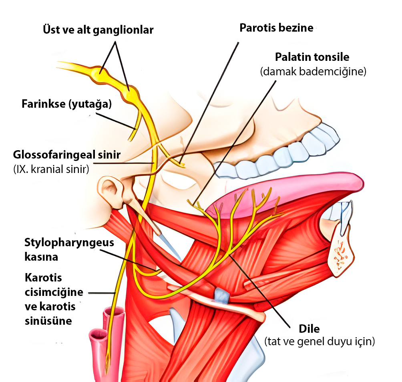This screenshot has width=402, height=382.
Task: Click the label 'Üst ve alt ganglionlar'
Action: click(x=98, y=30)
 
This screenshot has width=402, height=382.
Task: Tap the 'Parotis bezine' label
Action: click(x=276, y=28)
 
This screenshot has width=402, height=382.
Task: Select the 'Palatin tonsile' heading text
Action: click(x=312, y=57)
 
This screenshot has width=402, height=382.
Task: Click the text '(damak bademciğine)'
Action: click(x=313, y=71)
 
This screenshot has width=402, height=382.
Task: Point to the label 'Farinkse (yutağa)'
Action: click(x=66, y=104)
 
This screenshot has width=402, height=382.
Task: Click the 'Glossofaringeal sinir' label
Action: click(x=67, y=155)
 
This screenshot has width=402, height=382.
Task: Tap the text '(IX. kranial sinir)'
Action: click(x=51, y=169)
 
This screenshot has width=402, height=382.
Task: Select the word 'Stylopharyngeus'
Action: click(x=69, y=243)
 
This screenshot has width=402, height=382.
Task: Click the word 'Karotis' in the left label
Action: click(x=43, y=277)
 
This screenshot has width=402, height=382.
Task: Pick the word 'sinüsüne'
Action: click(x=48, y=321)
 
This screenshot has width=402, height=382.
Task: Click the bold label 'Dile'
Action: click(x=309, y=329)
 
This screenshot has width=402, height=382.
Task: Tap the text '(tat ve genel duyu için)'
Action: click(x=320, y=342)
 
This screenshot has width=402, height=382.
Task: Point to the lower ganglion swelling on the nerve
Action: click(x=131, y=94)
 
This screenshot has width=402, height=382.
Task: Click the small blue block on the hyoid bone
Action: click(x=221, y=296)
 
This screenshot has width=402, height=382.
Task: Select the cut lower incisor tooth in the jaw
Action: click(x=345, y=218)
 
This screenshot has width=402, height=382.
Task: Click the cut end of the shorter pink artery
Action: click(x=98, y=334)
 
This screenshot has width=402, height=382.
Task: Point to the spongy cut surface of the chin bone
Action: click(x=340, y=255)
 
